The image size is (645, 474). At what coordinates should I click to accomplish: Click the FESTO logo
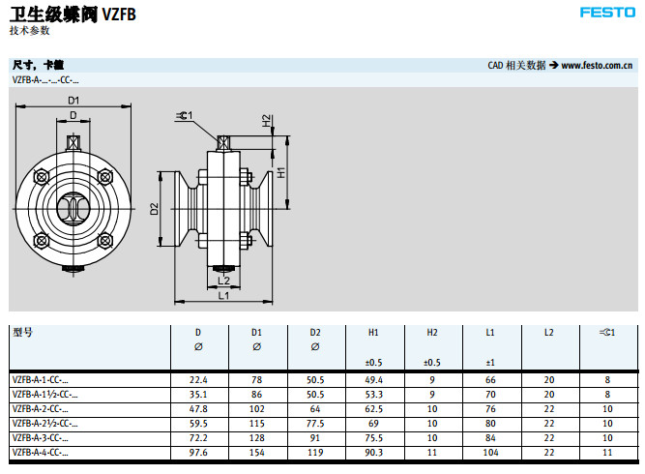pos(606,13)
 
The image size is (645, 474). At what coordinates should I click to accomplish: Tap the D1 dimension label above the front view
pos(73,101)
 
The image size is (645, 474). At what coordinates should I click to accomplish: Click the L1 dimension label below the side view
pos(223,295)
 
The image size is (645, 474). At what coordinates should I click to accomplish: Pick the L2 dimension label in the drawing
pos(223,281)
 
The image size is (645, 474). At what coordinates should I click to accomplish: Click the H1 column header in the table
pos(373,333)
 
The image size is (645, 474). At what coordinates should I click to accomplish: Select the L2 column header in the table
pos(548,333)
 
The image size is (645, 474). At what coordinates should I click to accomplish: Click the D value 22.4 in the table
pos(198,380)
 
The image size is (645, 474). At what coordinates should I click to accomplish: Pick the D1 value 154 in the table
pos(256,452)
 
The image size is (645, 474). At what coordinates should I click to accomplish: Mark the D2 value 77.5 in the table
pos(315,423)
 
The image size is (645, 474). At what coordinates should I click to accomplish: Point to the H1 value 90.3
pos(373,452)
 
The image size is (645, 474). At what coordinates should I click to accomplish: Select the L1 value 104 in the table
pos(490,452)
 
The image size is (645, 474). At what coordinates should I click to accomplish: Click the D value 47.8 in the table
pos(198,408)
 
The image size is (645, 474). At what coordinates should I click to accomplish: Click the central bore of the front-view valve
pos(73,207)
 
